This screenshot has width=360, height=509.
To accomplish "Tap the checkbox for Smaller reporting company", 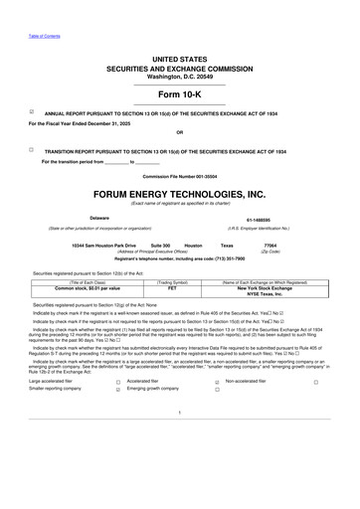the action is click(117, 391).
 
